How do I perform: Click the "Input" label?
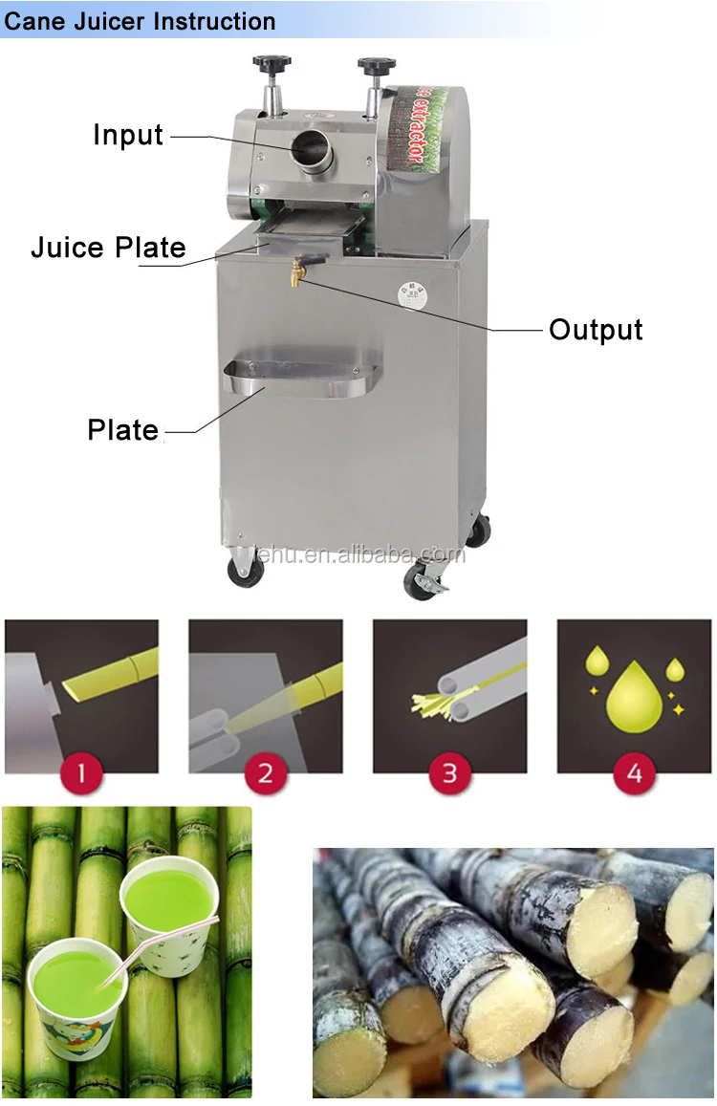coord(128,136)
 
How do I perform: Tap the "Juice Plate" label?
coord(108,248)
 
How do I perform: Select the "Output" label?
coord(595,330)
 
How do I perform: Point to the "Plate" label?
coord(122,430)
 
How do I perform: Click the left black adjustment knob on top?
coord(271,64)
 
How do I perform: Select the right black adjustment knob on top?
coord(376,66)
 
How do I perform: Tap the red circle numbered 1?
coord(81,772)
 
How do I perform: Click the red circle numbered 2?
coord(265,772)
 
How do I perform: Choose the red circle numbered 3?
coord(449,772)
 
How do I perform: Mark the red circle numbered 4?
coord(634,772)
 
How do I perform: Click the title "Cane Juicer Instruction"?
coord(140,20)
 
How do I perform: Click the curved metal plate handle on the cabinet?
coord(302,378)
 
